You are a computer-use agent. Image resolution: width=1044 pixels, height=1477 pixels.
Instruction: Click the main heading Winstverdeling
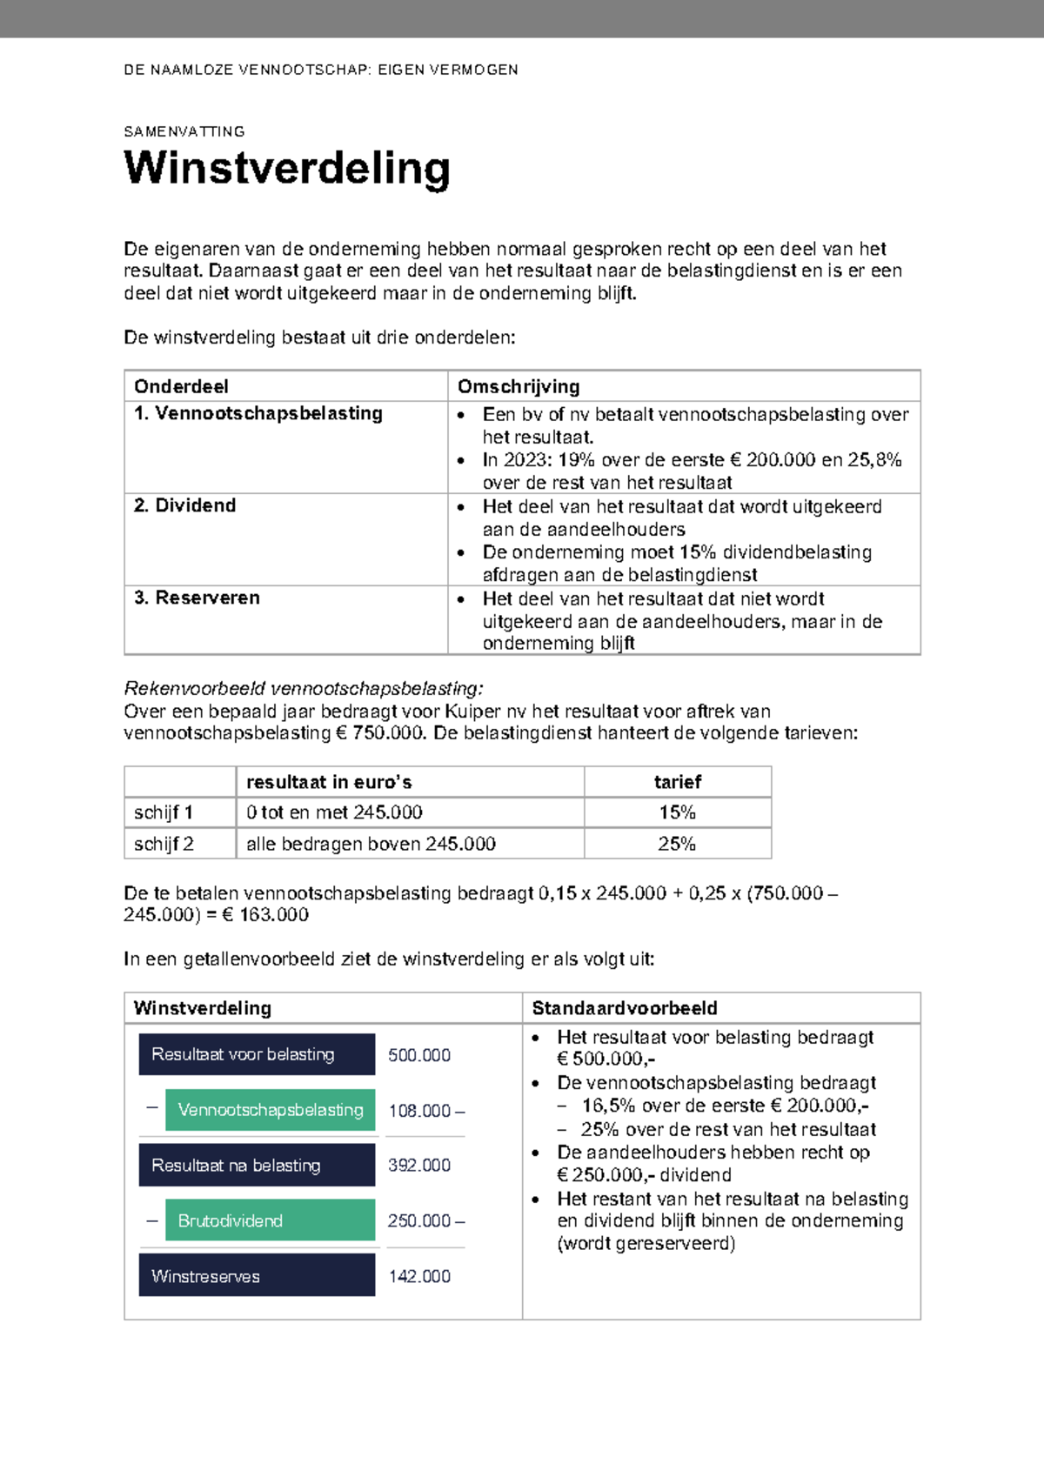(x=287, y=169)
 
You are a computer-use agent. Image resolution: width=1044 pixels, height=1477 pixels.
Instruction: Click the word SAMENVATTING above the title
(x=184, y=132)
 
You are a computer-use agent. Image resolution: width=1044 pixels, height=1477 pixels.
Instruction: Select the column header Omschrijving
(x=519, y=386)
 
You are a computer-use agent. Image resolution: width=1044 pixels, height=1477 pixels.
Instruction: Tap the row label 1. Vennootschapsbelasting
(x=258, y=413)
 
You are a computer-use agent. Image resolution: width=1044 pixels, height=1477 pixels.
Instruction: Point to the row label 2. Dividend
(x=184, y=505)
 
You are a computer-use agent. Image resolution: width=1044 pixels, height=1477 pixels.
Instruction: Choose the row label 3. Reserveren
(x=197, y=598)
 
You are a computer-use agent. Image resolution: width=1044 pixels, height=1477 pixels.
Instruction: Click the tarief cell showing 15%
(x=677, y=812)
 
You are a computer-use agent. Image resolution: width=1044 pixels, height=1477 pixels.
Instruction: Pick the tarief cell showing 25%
(x=677, y=844)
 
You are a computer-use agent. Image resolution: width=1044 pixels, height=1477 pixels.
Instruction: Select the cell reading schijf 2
(x=164, y=844)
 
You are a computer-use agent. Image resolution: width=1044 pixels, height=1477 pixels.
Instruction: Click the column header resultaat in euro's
(x=329, y=782)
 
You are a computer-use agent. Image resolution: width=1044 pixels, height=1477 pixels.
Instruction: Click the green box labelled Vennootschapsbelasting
(x=270, y=1110)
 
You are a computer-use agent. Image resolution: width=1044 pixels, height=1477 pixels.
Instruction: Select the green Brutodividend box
(x=270, y=1220)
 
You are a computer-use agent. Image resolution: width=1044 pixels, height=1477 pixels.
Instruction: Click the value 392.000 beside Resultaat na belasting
(x=419, y=1166)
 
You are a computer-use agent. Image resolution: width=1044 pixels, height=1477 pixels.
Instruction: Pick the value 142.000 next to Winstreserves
(x=419, y=1276)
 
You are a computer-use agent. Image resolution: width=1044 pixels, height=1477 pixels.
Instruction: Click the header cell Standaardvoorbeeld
(x=625, y=1008)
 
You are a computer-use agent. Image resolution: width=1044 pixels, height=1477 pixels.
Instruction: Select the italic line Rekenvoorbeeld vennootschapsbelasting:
(x=303, y=689)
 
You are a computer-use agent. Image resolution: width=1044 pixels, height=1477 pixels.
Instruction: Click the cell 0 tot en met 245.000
(x=334, y=812)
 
